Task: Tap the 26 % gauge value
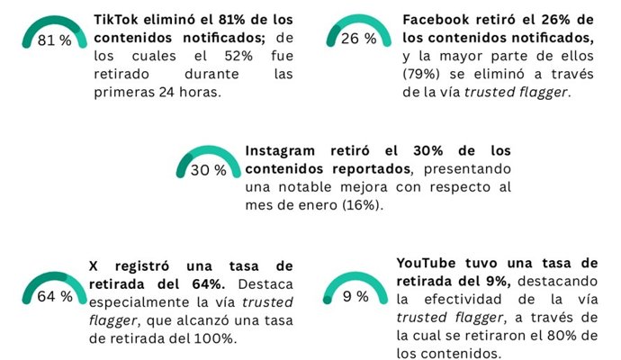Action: pyautogui.click(x=357, y=39)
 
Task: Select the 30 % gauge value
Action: pyautogui.click(x=208, y=170)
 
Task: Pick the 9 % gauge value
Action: pyautogui.click(x=355, y=296)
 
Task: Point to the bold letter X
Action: pyautogui.click(x=94, y=265)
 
